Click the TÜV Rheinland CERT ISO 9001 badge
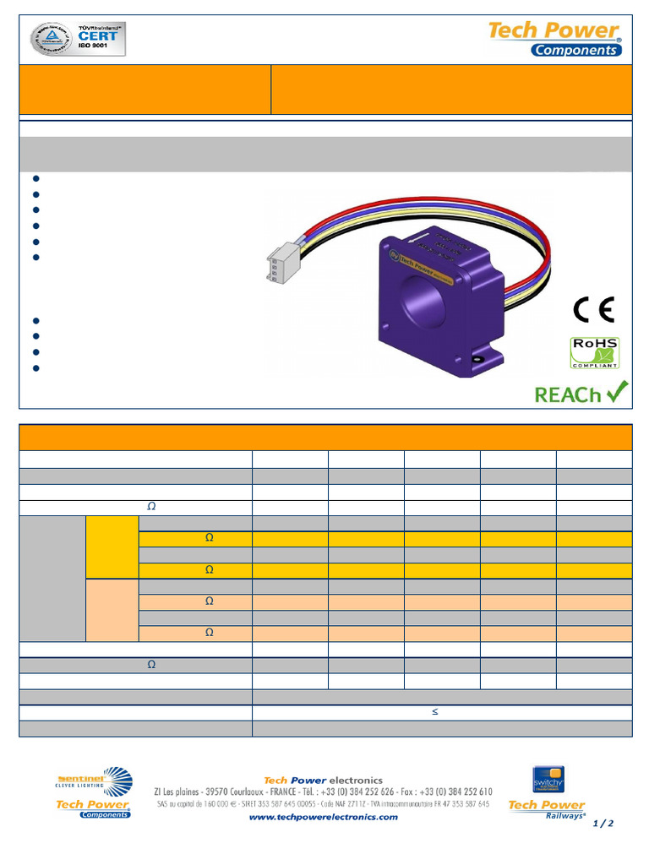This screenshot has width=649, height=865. (79, 39)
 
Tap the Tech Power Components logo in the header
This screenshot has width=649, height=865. (555, 39)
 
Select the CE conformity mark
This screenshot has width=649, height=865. (595, 310)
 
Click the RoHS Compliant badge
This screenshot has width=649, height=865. (595, 352)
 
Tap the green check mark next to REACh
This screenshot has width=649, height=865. (616, 391)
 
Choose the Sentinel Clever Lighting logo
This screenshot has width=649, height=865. (93, 781)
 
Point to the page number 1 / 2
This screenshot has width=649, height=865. (603, 823)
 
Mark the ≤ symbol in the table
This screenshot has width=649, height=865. (435, 712)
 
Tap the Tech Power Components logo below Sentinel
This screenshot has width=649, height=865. (93, 808)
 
